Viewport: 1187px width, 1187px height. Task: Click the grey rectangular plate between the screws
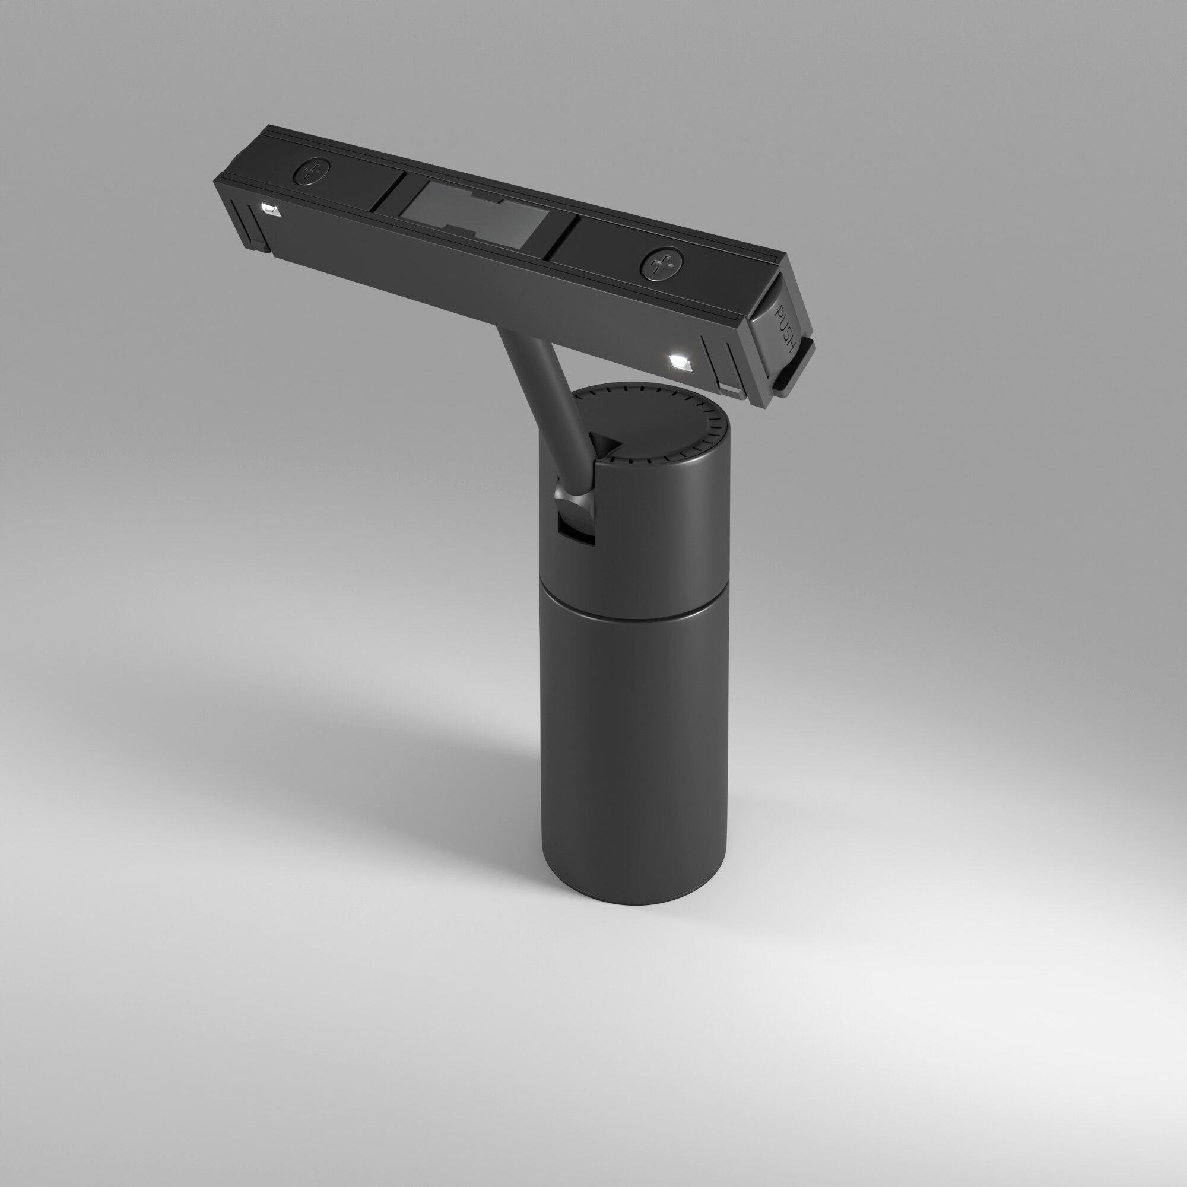[x=476, y=216]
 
